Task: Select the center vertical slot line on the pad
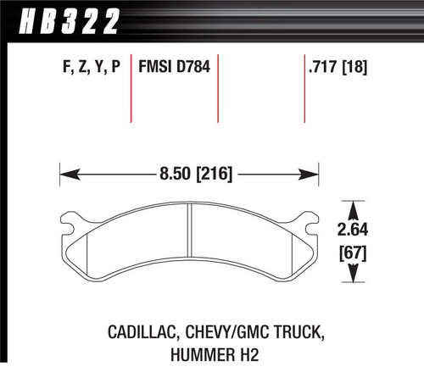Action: tap(189, 246)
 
